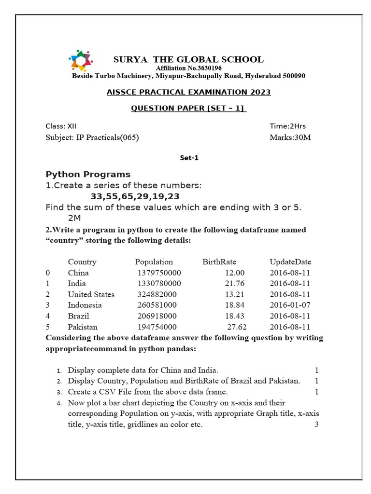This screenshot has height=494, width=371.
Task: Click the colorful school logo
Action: tap(80, 60)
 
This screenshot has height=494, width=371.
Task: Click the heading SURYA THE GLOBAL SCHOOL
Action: tap(188, 59)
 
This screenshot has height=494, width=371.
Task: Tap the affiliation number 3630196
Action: tap(203, 68)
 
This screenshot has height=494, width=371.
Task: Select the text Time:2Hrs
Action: tap(287, 126)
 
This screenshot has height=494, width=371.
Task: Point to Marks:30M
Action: tap(290, 137)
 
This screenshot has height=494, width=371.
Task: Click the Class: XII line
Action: tap(61, 126)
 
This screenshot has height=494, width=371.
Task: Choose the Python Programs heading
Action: tap(88, 174)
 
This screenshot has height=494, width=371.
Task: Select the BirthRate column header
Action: tap(219, 262)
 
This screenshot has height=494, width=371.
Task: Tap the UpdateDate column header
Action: tap(290, 262)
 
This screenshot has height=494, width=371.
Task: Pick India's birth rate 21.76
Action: tap(235, 284)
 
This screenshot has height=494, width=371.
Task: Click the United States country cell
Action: tap(91, 294)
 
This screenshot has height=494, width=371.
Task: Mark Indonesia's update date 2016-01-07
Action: tap(290, 305)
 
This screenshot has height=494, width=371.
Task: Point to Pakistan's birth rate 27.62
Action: tap(237, 327)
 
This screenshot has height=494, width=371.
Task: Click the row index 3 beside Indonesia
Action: tap(48, 305)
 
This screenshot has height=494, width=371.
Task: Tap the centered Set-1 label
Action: tap(189, 158)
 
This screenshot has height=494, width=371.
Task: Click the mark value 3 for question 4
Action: tap(316, 425)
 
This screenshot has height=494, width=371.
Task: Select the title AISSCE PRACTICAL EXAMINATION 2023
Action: tap(188, 92)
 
